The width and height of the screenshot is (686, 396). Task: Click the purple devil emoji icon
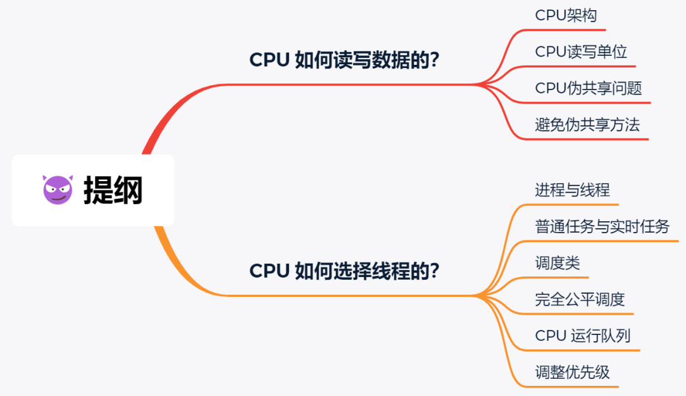click(58, 189)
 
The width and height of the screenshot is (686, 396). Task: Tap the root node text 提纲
click(113, 190)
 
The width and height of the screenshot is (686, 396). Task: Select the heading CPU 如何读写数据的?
click(344, 60)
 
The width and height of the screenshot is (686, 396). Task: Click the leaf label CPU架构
click(566, 16)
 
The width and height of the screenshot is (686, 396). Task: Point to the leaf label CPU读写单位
click(581, 52)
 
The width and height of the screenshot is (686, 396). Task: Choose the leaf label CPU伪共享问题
click(589, 88)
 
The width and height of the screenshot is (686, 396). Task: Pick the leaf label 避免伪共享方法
click(588, 125)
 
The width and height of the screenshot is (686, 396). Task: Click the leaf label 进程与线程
click(572, 190)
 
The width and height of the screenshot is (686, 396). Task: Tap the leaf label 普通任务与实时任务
click(602, 226)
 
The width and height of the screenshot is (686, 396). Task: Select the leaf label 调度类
click(558, 263)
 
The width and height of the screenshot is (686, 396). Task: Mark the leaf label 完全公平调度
click(580, 299)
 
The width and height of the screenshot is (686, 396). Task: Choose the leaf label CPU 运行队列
click(582, 336)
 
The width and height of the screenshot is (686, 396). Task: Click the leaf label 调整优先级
click(572, 372)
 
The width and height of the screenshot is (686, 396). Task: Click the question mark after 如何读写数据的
click(435, 60)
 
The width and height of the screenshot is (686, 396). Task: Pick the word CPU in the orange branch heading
click(270, 271)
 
